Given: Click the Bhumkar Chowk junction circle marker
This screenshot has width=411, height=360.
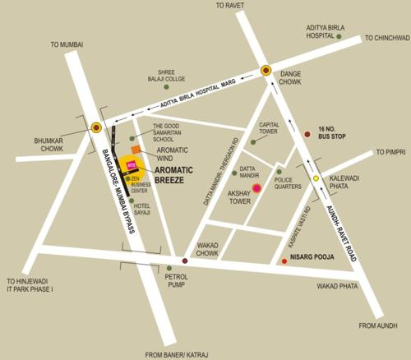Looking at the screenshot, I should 97,127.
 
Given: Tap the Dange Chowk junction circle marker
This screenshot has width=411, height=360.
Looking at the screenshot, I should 266,71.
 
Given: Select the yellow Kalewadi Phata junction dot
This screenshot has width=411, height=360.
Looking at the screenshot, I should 315,178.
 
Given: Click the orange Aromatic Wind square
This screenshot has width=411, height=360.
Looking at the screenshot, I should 149,150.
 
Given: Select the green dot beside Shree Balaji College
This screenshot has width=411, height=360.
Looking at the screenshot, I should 165,86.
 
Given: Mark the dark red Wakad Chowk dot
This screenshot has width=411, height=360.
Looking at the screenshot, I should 184,261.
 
